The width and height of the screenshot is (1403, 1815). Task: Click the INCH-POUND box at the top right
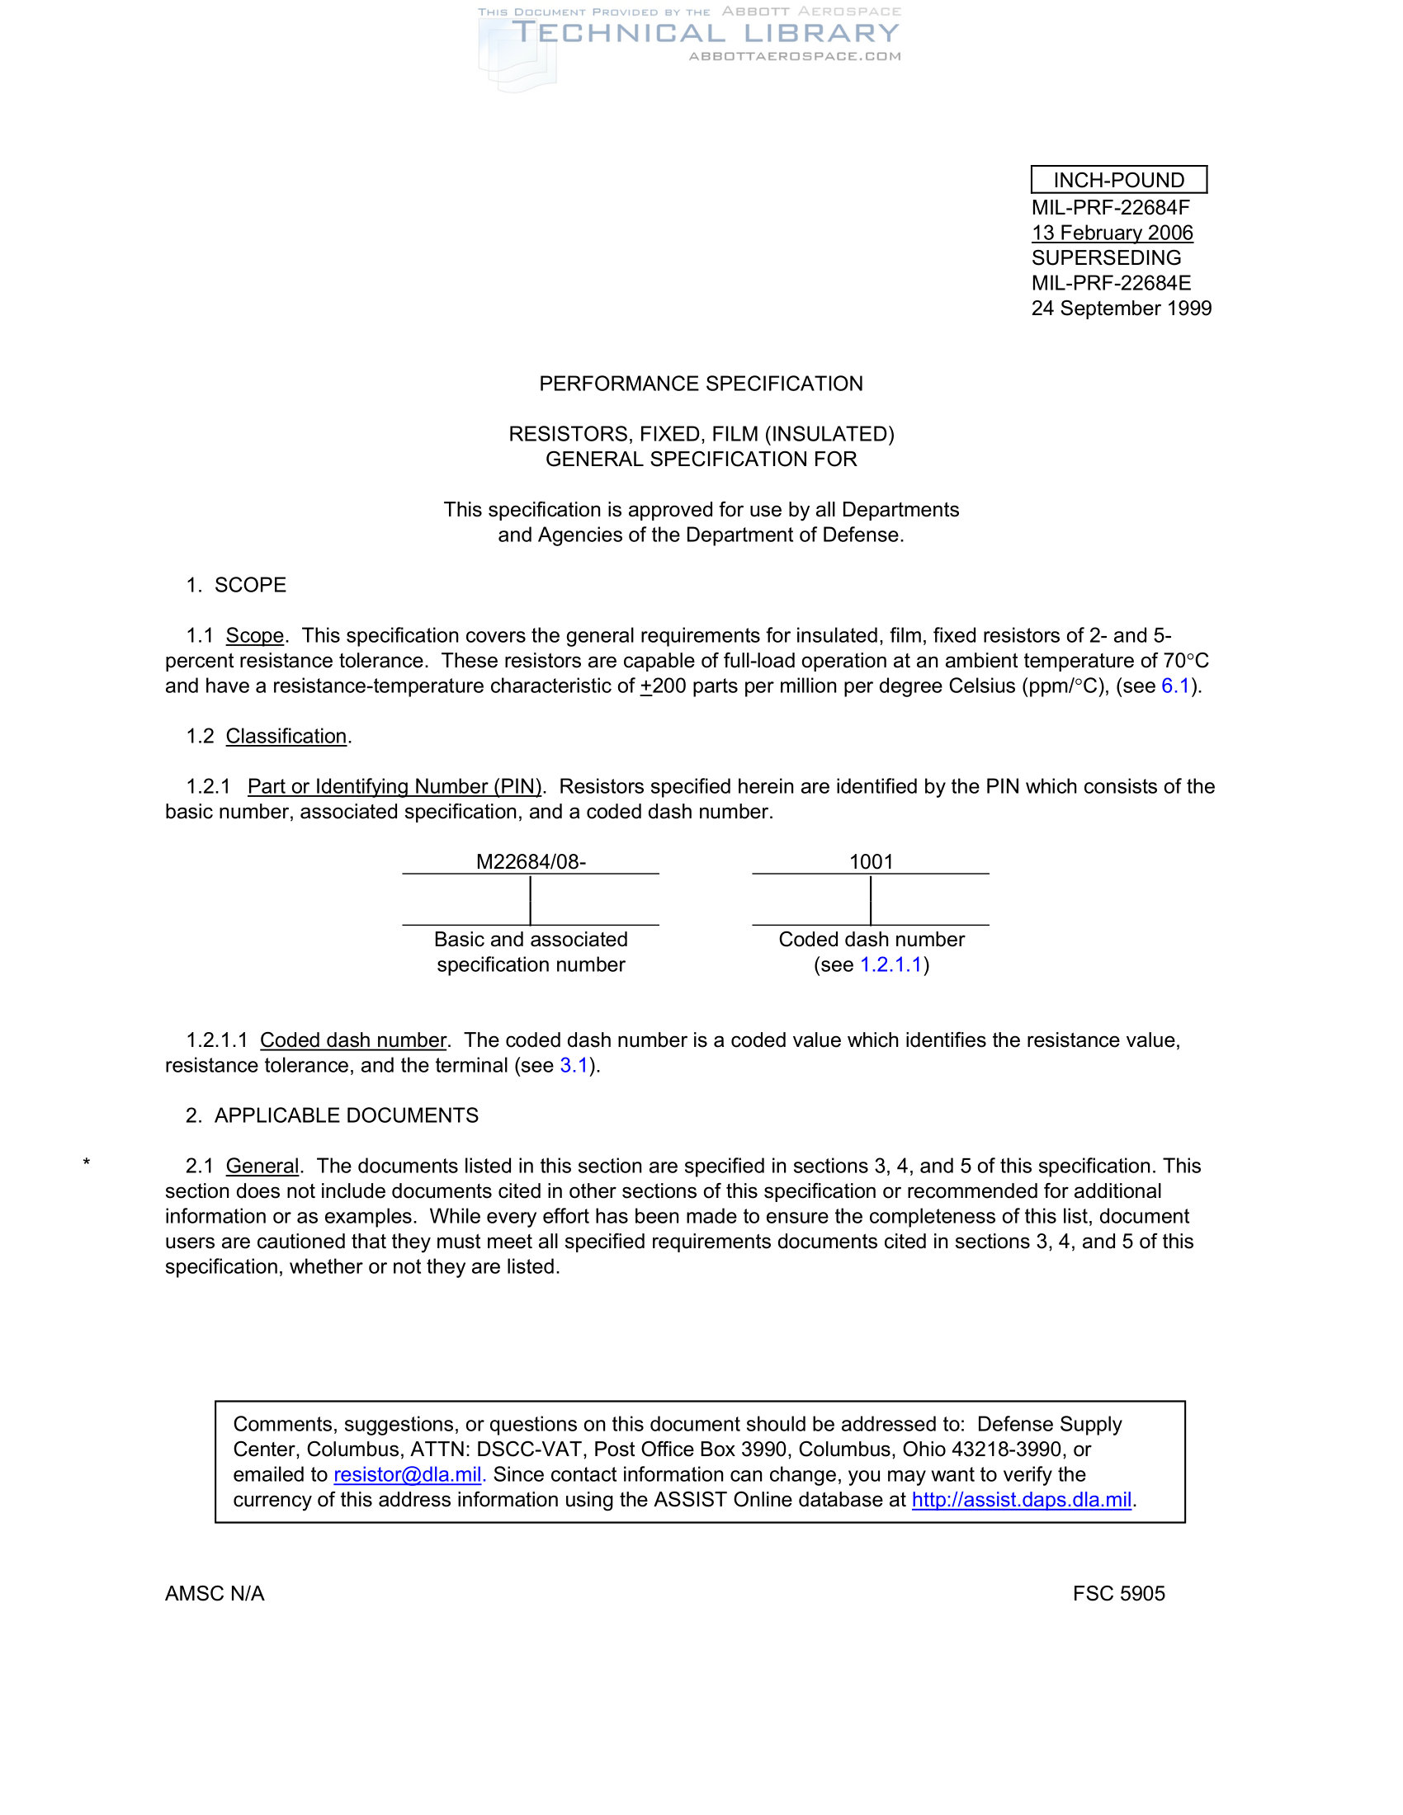[x=1118, y=180]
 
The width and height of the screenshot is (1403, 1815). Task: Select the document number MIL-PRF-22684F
[x=1110, y=207]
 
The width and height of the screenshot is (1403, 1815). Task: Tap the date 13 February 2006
[x=1112, y=233]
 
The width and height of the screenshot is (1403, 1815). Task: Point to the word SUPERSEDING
[x=1106, y=257]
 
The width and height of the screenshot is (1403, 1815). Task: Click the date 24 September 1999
[x=1122, y=309]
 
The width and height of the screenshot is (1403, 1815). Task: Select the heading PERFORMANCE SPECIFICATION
[x=701, y=384]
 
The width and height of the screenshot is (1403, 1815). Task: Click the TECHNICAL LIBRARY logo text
[x=706, y=33]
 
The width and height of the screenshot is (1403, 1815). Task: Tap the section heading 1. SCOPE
[x=236, y=585]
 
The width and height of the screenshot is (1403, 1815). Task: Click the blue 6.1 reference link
[x=1175, y=686]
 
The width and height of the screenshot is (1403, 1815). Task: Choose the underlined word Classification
[x=286, y=736]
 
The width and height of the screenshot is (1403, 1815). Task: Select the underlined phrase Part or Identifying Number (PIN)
[x=394, y=786]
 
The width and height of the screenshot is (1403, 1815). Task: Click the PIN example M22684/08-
[x=531, y=862]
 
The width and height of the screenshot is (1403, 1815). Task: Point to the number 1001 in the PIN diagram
[x=870, y=862]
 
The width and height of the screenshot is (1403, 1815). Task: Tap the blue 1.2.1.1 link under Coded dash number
[x=891, y=965]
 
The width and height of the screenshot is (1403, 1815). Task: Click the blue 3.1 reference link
[x=574, y=1065]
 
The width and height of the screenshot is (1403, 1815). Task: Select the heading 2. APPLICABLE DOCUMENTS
[x=332, y=1115]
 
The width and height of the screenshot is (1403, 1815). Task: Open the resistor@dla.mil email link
[x=407, y=1474]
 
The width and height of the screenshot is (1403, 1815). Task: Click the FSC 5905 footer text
[x=1118, y=1593]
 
